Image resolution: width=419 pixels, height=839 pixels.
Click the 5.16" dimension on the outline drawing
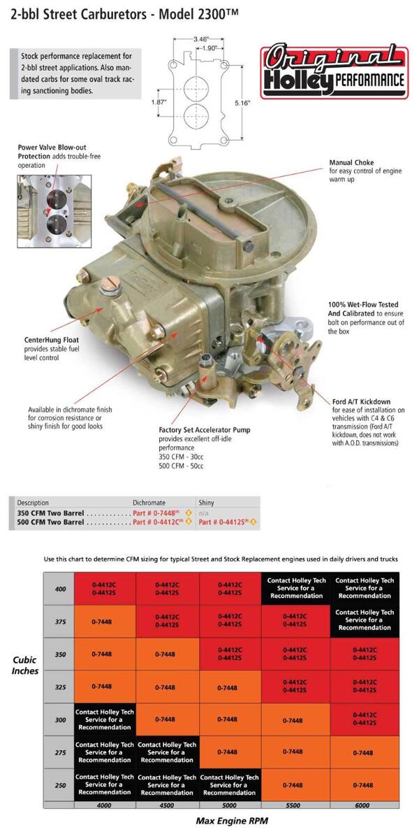click(242, 103)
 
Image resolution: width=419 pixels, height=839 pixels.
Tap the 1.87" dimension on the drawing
click(159, 101)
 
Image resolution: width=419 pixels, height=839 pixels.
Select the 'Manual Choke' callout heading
click(351, 163)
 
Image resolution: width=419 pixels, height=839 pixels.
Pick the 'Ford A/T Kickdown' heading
click(361, 401)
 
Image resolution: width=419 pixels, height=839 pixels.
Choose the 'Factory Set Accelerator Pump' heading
click(204, 429)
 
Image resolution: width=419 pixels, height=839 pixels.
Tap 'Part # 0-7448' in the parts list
click(158, 512)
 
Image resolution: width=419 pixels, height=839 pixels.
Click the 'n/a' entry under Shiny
click(204, 512)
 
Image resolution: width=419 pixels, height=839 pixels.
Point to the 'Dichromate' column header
click(149, 503)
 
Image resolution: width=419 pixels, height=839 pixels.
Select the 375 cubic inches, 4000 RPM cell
click(105, 620)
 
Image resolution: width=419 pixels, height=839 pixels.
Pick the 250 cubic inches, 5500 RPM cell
click(294, 785)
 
